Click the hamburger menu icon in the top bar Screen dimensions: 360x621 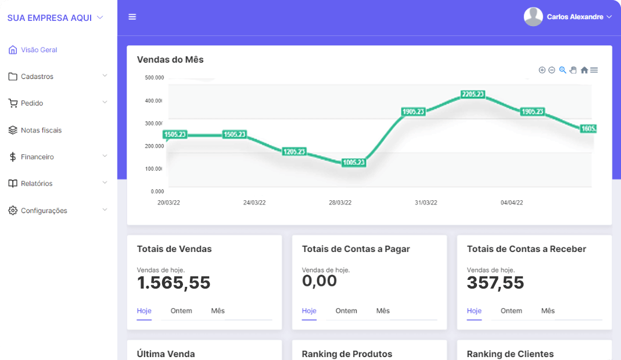(132, 17)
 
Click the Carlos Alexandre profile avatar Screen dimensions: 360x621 (533, 17)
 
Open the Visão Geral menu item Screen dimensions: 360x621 (39, 50)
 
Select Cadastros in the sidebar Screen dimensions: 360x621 (37, 77)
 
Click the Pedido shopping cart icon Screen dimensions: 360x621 (13, 103)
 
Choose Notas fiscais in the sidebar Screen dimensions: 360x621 (41, 130)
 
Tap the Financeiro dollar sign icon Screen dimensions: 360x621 (13, 157)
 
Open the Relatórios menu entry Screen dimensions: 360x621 (37, 183)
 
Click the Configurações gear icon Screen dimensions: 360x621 (13, 210)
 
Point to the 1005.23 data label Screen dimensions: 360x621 (354, 163)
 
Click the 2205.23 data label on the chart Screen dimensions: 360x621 (473, 94)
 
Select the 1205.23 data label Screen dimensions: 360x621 (294, 152)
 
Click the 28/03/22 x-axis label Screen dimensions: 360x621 (340, 203)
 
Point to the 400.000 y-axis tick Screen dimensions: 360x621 (155, 101)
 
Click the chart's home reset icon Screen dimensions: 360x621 (584, 70)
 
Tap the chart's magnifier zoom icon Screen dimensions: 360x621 (562, 70)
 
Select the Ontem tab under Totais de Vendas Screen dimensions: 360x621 (181, 311)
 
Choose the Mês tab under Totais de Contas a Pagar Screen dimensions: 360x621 (383, 311)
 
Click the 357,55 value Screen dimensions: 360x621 (496, 283)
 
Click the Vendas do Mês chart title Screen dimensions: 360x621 (170, 59)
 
